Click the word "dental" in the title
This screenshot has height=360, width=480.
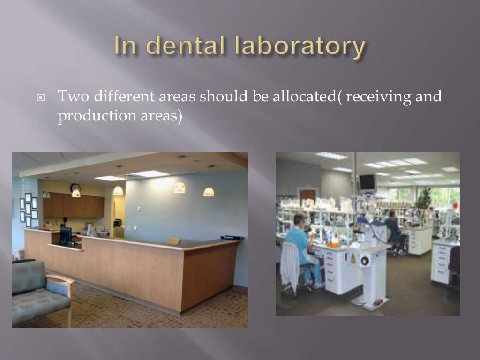point(180,47)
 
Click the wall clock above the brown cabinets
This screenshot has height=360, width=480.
point(75,187)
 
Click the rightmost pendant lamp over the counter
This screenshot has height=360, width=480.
point(209,191)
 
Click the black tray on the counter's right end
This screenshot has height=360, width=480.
point(232,238)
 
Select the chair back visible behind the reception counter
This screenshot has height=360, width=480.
point(174,241)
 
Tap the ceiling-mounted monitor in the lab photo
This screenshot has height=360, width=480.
point(367,182)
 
